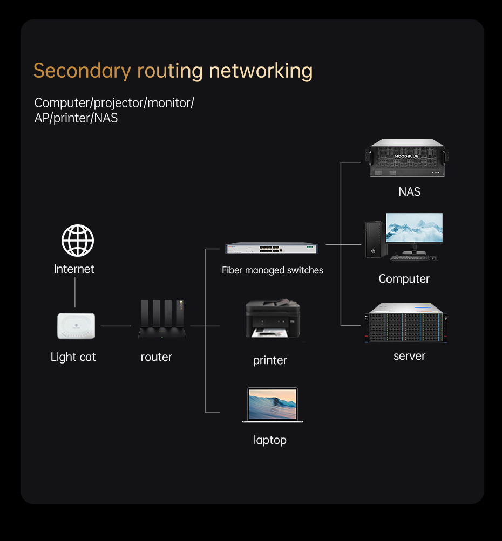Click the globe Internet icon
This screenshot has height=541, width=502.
(78, 241)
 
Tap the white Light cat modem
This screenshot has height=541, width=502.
(76, 326)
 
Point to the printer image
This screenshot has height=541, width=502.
(272, 320)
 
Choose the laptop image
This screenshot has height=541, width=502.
(273, 405)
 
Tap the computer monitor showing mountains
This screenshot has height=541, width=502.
(414, 229)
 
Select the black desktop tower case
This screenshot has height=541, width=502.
(375, 239)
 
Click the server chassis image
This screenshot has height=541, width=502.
(406, 323)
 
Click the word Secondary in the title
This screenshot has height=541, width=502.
(82, 71)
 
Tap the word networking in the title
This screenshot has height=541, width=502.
(260, 71)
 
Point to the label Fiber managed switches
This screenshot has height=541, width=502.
(273, 270)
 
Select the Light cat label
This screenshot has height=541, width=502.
(73, 357)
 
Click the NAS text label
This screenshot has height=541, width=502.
(409, 192)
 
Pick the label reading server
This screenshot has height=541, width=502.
(409, 356)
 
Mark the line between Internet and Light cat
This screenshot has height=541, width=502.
(75, 294)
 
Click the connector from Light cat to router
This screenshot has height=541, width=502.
(116, 326)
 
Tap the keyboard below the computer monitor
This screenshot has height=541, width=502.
(410, 258)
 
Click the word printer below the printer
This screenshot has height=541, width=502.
(270, 360)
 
